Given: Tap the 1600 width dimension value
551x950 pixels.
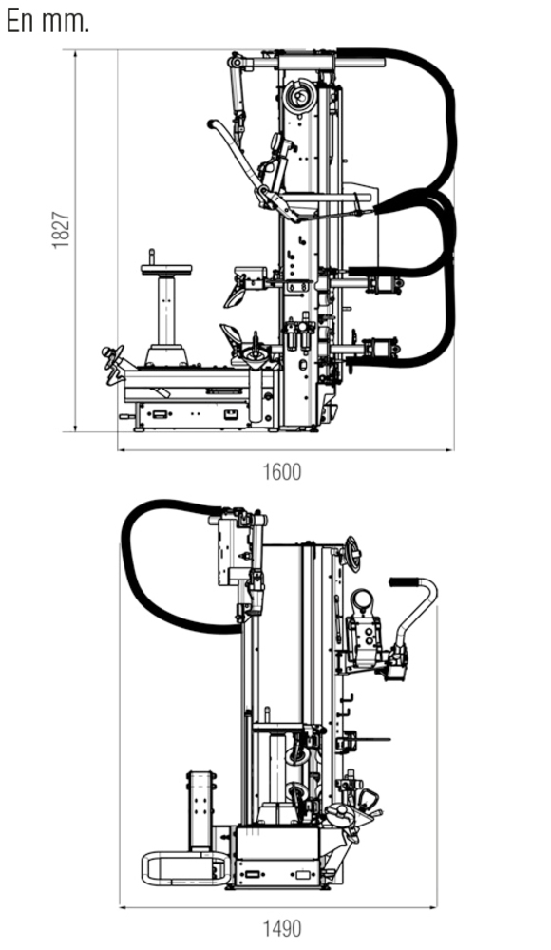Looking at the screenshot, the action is (282, 472).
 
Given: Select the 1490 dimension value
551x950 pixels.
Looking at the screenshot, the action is (282, 929).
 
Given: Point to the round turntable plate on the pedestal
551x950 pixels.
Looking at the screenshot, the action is (166, 269).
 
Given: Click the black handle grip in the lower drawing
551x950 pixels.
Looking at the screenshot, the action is (404, 581).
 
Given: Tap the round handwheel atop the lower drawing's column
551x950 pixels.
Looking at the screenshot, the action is (352, 554).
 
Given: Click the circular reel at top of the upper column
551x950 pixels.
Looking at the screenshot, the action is (299, 96).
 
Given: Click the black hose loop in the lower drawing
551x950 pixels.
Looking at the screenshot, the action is (130, 563).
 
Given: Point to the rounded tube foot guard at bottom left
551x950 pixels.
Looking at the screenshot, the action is (185, 868).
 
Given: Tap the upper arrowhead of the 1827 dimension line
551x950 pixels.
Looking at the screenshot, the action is (75, 54).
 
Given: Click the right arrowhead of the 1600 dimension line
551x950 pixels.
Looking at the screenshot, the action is (449, 450).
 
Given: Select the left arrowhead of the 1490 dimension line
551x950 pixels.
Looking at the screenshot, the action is (123, 907).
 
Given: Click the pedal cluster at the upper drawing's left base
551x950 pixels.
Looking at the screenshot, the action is (114, 364).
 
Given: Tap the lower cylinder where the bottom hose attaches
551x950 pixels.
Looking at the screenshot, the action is (382, 349).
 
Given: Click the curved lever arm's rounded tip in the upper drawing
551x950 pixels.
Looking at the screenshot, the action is (211, 124).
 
